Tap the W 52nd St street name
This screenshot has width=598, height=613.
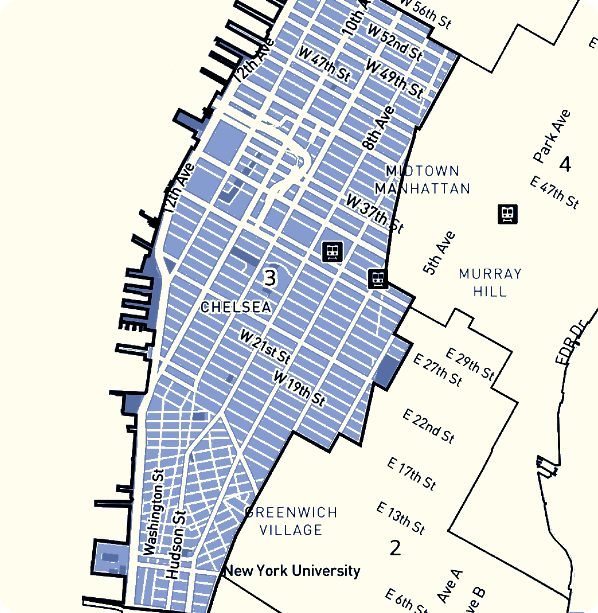pos(395,41)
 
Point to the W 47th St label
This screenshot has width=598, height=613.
pos(324,64)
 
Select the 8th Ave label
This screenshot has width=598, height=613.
pos(379,128)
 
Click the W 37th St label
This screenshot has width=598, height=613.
pos(374,213)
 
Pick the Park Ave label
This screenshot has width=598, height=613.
pos(552,136)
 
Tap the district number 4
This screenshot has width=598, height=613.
pos(565,164)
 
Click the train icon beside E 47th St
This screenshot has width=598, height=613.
pos(508,214)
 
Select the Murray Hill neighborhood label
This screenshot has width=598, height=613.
pos(490,282)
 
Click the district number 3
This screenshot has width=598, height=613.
pos(270,278)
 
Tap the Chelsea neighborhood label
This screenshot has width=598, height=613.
pos(236,307)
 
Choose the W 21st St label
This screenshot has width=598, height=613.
pos(265,346)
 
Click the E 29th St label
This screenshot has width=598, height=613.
pos(470,364)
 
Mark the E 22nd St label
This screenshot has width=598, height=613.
pos(429,426)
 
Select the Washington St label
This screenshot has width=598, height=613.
pos(154,512)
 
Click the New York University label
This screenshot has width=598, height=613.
pos(292,571)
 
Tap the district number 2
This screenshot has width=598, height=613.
pos(395,548)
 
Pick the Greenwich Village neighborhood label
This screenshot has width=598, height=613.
pos(291,521)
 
